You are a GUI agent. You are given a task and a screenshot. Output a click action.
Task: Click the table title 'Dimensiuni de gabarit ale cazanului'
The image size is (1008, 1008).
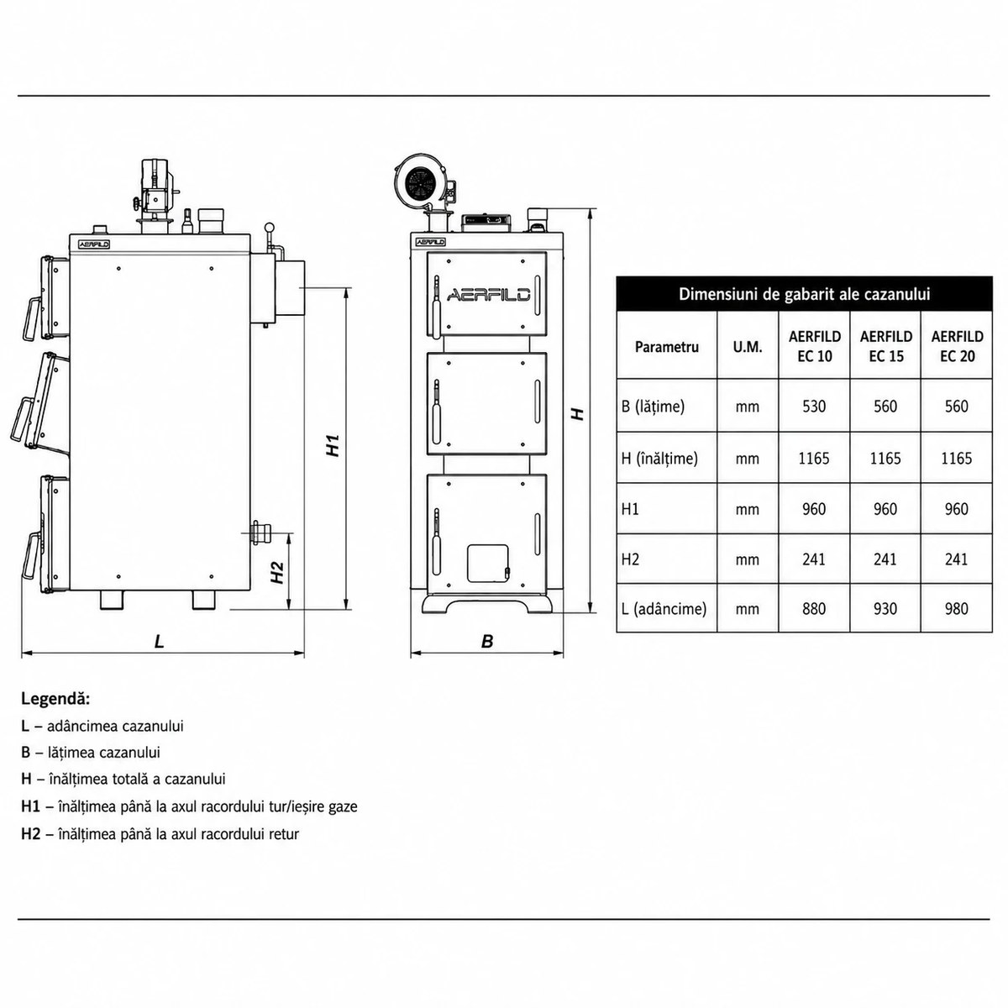804,294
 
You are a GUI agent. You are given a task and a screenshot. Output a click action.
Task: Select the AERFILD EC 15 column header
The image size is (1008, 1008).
885,346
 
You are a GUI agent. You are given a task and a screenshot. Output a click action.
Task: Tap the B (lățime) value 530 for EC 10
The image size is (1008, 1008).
814,407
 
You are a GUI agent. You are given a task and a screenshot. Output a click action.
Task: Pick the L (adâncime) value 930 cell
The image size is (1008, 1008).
885,608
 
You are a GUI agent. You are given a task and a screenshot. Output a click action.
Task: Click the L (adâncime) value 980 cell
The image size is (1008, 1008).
957,608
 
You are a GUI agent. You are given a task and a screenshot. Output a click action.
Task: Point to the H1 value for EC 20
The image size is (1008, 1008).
957,508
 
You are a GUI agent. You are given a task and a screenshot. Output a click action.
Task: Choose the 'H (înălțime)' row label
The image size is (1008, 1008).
659,459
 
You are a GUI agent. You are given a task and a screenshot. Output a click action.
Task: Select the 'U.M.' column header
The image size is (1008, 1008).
748,347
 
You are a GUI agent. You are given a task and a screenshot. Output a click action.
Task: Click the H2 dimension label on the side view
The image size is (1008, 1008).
276,572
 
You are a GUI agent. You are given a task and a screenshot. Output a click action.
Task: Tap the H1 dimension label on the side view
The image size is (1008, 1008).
333,445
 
